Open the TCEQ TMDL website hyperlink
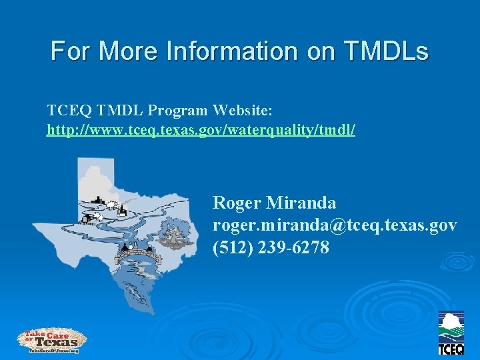tap(201, 129)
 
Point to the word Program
tap(177, 109)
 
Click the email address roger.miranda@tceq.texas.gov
tap(335, 225)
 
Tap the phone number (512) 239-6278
tap(271, 248)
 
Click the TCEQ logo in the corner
tap(451, 333)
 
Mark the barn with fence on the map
tap(88, 218)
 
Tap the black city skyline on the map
tap(97, 202)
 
